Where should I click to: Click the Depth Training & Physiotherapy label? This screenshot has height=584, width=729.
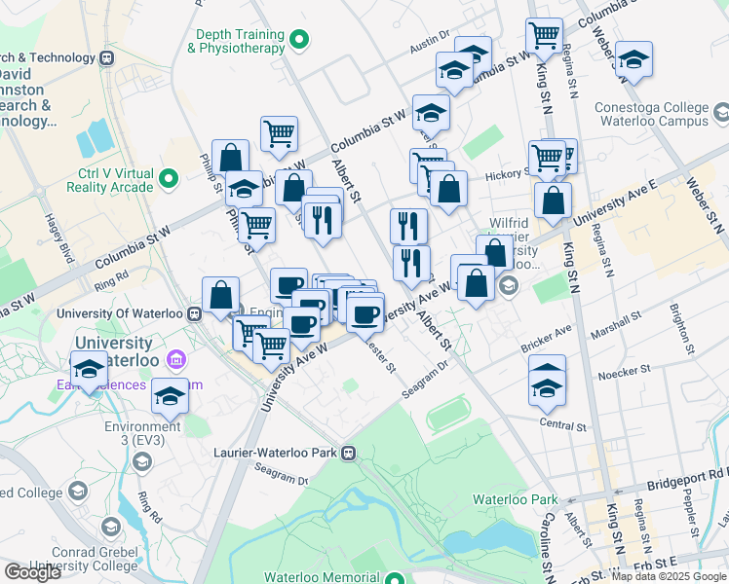pyautogui.click(x=237, y=40)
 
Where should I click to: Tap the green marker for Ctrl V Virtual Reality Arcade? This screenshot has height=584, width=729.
pyautogui.click(x=169, y=179)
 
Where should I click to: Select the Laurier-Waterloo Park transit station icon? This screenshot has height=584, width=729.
pyautogui.click(x=348, y=453)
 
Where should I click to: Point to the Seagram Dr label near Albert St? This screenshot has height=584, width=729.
pyautogui.click(x=429, y=381)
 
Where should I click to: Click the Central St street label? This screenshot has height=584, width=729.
pyautogui.click(x=562, y=425)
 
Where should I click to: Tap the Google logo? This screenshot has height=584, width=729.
pyautogui.click(x=32, y=572)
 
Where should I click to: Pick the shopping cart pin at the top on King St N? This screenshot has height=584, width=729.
pyautogui.click(x=544, y=36)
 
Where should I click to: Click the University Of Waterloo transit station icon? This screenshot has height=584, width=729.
pyautogui.click(x=195, y=314)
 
